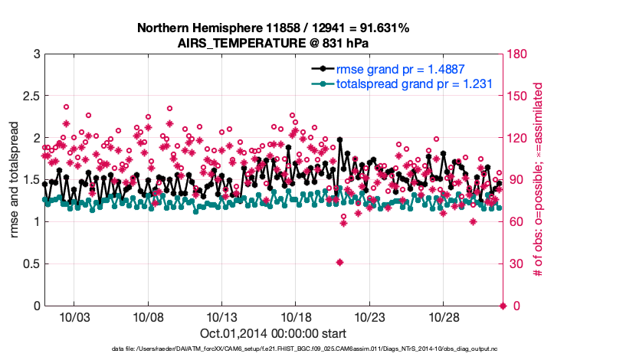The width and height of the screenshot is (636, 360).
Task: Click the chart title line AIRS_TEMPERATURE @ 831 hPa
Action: [273, 43]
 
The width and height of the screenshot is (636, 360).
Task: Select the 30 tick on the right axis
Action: [514, 264]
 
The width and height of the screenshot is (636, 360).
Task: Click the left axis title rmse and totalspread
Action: [15, 180]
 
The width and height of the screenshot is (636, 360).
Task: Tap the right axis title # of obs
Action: [539, 180]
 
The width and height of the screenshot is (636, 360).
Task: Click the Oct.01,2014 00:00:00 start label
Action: [273, 333]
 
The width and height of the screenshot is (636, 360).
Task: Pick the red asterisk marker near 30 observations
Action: [339, 262]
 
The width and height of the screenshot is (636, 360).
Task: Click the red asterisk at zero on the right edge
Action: [503, 306]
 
